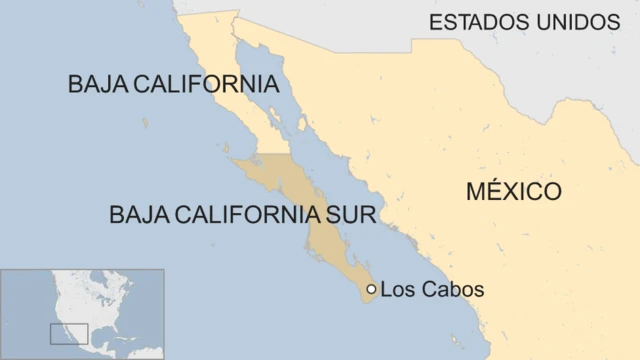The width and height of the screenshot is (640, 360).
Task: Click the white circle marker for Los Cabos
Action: [371, 289]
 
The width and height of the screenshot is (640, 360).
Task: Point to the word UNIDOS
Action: [575, 22]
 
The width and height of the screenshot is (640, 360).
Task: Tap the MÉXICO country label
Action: [513, 191]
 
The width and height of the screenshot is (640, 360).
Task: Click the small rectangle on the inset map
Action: [69, 333]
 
